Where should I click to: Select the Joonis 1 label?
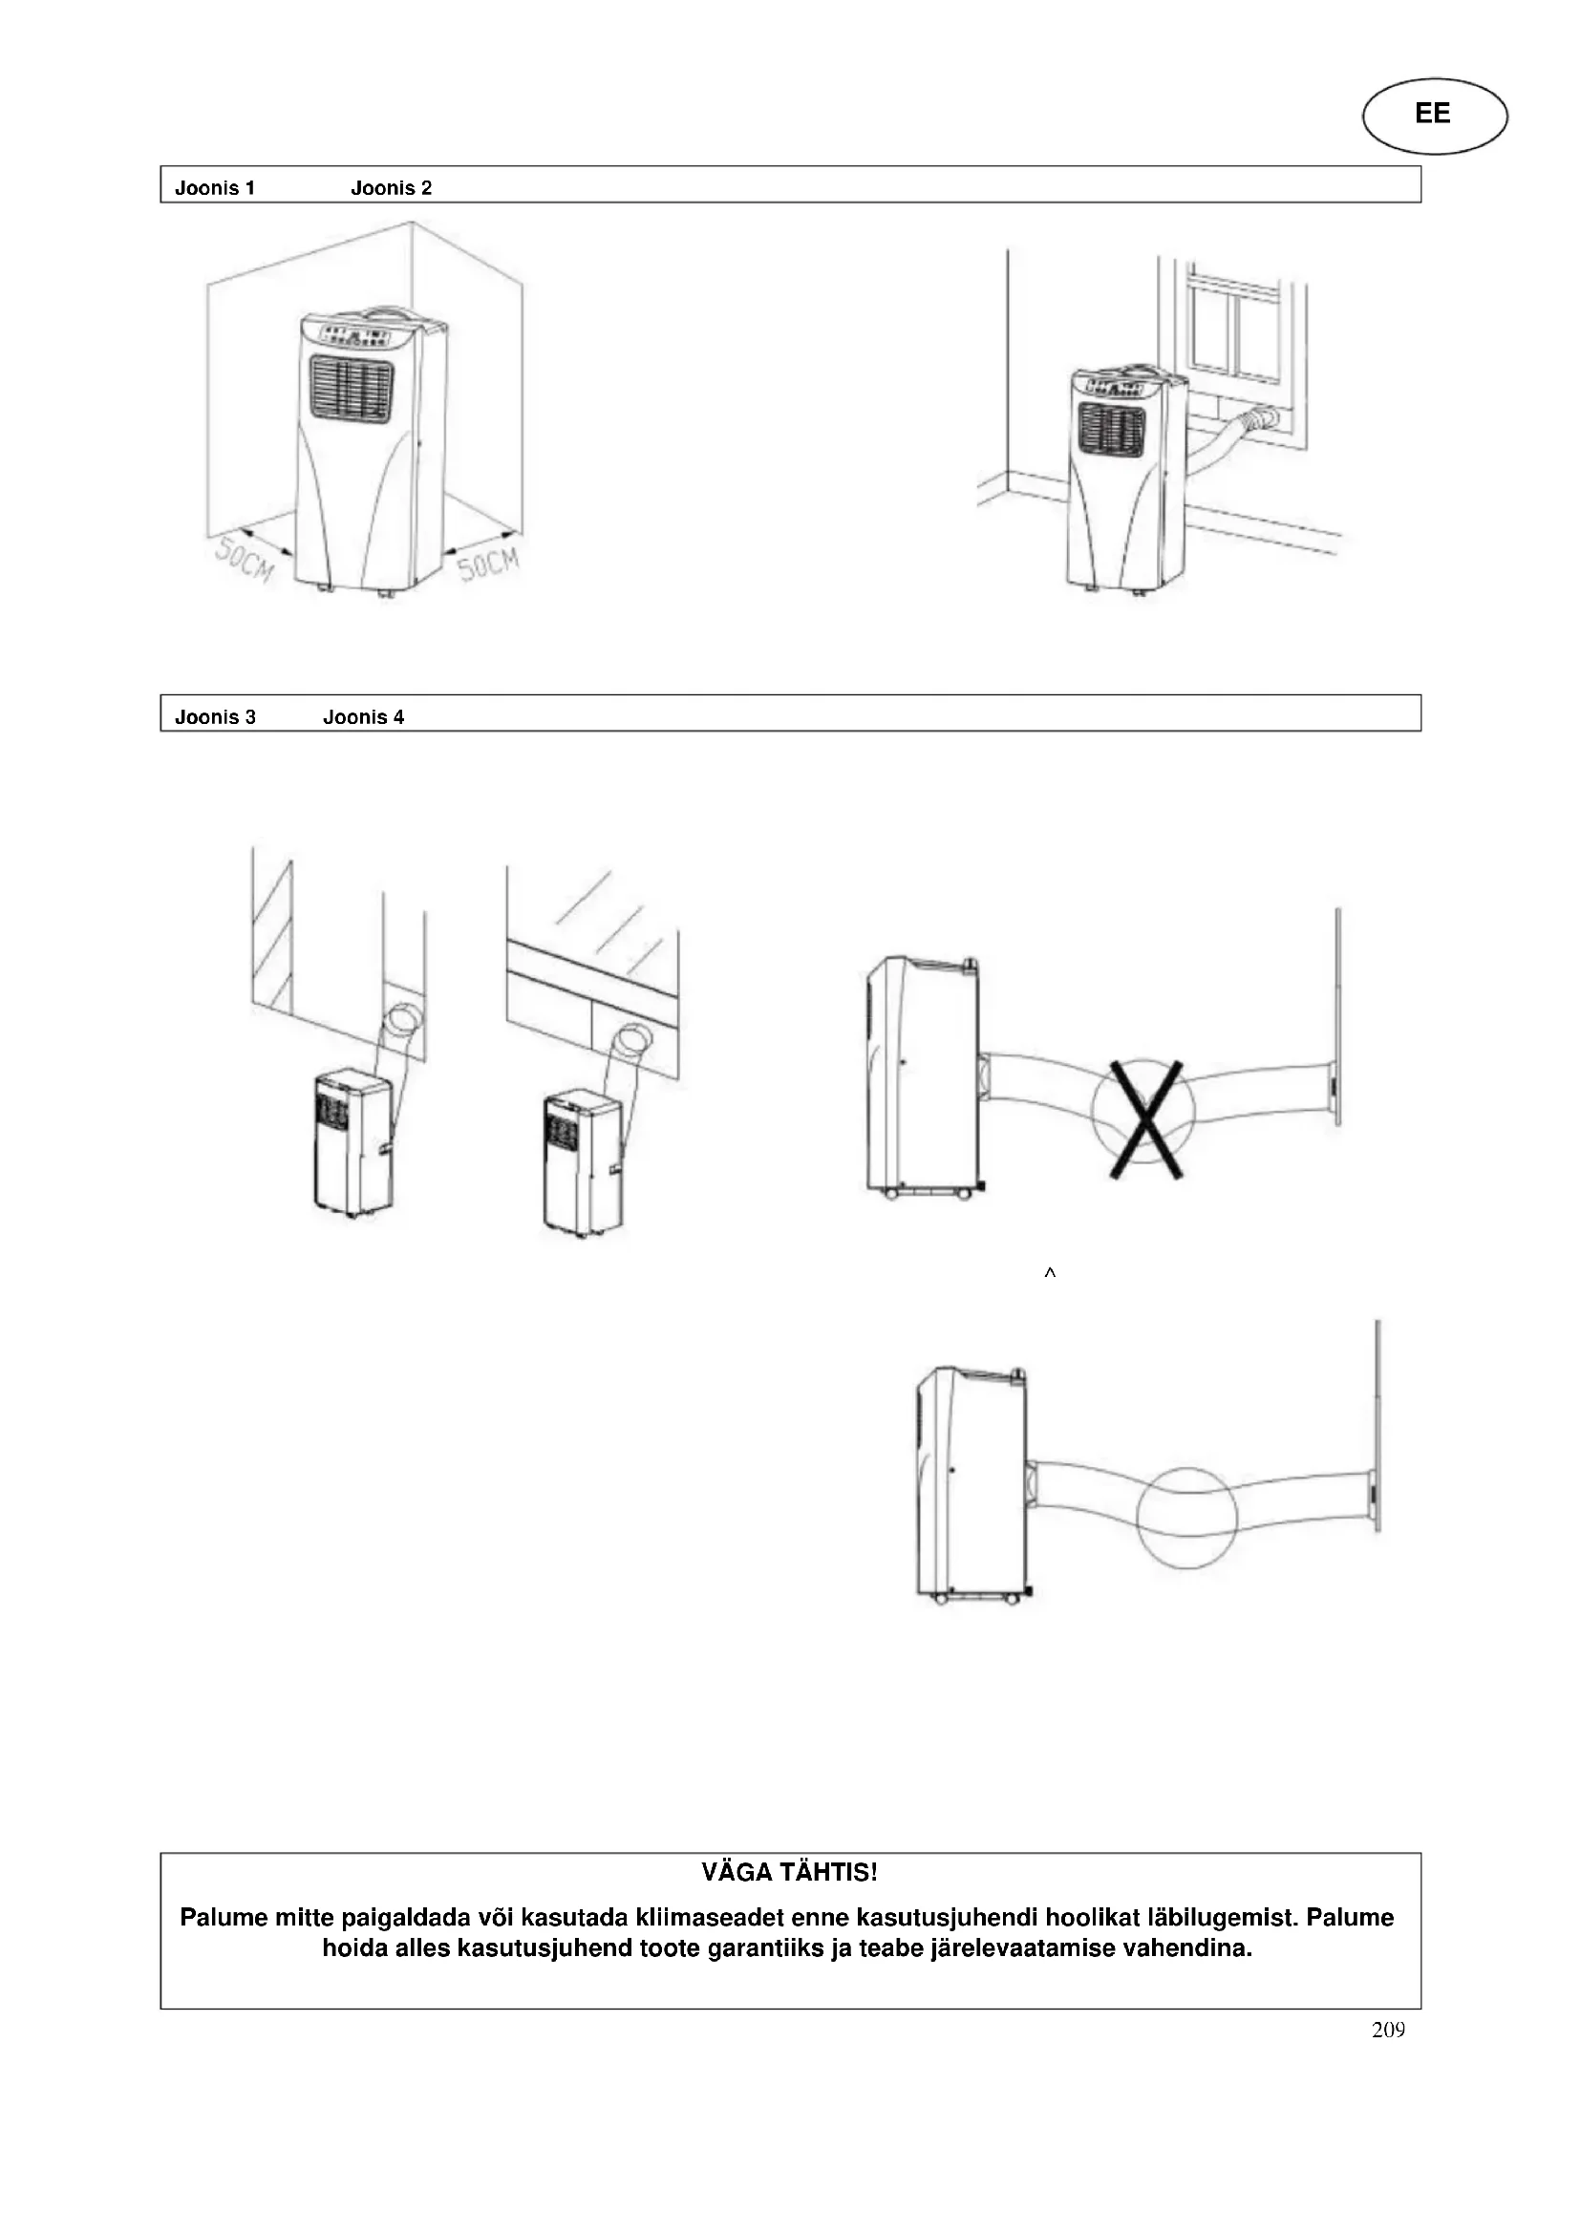[215, 188]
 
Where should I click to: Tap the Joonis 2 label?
[391, 188]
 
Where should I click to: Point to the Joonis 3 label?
[215, 717]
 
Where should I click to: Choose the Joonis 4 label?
[363, 717]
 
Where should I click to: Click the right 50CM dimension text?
[488, 563]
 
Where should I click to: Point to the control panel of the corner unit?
[355, 336]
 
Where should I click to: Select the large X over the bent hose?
[1146, 1119]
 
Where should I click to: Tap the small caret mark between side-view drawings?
[1050, 1272]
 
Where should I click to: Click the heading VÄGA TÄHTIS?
[789, 1872]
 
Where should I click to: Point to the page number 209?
[1388, 2030]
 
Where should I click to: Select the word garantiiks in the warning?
[758, 1949]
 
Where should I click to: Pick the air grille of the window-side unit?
[1110, 428]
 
